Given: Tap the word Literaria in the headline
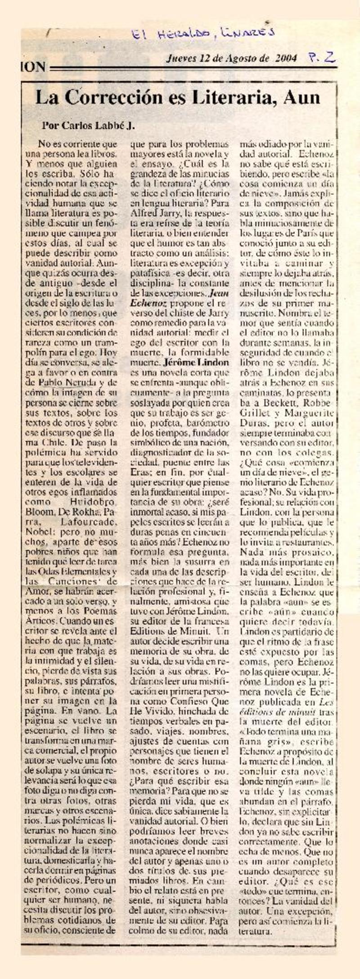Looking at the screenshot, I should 234,98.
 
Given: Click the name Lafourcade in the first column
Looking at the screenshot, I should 88,521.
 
